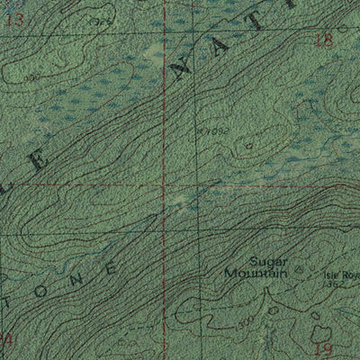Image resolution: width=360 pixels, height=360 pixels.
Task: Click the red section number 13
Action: [13, 19]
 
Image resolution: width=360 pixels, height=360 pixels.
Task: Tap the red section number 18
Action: [325, 39]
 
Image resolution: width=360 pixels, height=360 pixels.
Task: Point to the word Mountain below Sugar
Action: [256, 271]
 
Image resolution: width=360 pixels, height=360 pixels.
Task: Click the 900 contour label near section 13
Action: [33, 77]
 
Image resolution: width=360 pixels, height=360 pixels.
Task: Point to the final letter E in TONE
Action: [111, 268]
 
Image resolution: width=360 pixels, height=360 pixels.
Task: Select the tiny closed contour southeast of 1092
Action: [248, 145]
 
